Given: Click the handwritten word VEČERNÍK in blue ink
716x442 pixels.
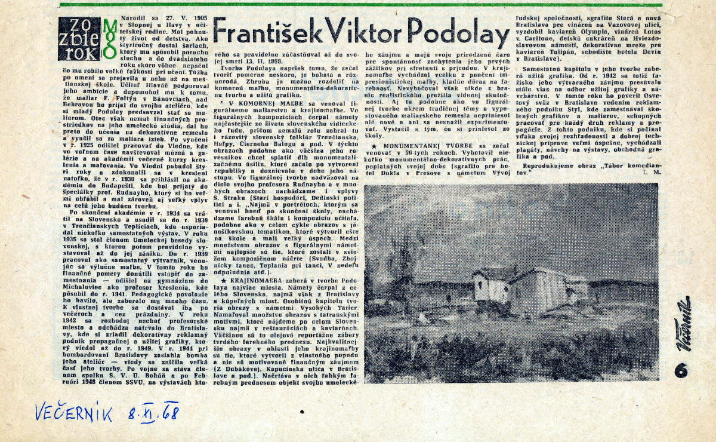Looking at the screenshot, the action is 73,413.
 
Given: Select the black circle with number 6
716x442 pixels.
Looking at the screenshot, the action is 680,370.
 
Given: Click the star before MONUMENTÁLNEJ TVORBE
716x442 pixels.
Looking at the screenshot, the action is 374,145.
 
